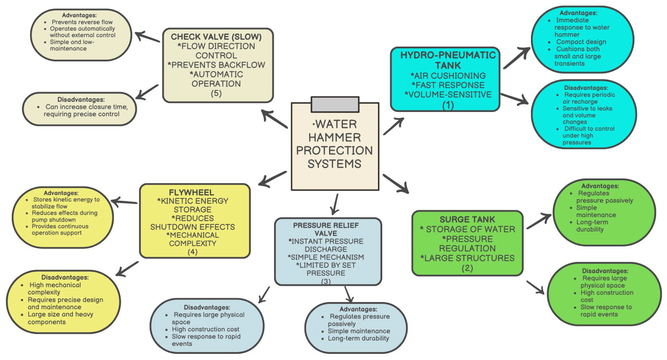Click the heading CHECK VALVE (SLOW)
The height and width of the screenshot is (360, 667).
point(216,37)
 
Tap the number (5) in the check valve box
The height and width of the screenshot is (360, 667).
point(216,93)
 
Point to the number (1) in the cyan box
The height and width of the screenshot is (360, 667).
point(448,105)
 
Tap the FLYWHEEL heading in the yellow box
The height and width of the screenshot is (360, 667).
point(192,193)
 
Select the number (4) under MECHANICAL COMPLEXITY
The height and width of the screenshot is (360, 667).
point(192,252)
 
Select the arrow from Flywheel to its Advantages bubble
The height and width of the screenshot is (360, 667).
point(124,202)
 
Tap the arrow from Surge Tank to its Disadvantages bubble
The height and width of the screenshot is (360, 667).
point(535,287)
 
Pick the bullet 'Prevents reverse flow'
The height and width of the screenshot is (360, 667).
point(82,22)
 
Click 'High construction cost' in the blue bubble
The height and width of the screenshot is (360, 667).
point(206,329)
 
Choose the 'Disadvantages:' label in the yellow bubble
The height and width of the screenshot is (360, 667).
point(65,277)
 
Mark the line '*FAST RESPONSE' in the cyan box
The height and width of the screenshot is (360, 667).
point(448,85)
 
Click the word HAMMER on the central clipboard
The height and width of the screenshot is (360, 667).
point(335,137)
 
